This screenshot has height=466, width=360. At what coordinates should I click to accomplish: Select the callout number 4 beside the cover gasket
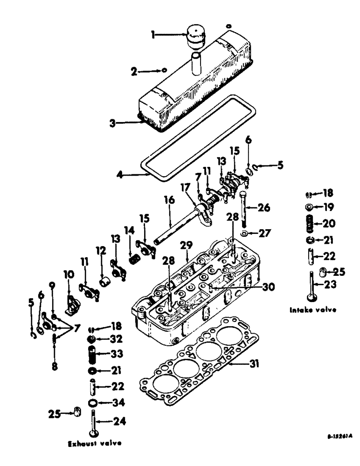tap(120, 176)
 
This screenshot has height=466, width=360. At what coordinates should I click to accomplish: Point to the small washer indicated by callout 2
tap(164, 70)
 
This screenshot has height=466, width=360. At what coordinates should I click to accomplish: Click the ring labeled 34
tap(92, 402)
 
